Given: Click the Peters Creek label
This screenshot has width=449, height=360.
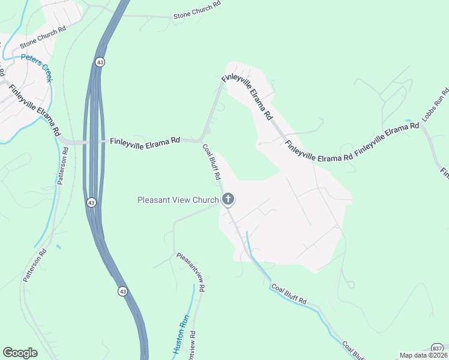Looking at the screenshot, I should pos(38,62).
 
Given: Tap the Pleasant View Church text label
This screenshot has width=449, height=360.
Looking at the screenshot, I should pos(178,200).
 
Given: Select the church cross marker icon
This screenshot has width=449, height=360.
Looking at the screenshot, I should pos(228,199).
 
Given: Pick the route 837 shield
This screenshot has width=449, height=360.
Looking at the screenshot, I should pos(438,349).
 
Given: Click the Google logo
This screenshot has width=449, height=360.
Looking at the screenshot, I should pos(20,353).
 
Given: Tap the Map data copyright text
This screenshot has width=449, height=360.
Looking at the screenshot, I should pos(423,355).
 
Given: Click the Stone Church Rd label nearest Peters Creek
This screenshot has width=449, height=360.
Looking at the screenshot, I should pos(43,37).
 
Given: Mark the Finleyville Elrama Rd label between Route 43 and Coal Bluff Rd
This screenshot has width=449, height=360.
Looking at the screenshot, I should pos(145,141).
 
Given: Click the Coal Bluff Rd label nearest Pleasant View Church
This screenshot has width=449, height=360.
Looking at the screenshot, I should pos(211,162).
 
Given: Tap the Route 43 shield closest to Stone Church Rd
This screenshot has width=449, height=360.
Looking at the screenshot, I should pos(100,62).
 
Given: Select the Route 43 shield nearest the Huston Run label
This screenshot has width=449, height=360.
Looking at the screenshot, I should pos(122,291).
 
